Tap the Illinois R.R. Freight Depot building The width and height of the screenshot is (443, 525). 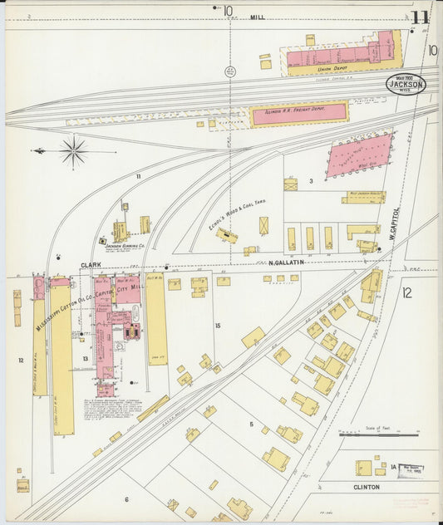(x=299, y=113)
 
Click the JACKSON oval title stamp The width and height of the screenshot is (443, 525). (x=405, y=84)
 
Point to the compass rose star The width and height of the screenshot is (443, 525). (x=73, y=152)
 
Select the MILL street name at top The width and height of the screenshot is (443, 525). (x=258, y=16)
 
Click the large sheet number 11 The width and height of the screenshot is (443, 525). (x=419, y=17)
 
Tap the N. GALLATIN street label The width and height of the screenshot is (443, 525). (x=287, y=263)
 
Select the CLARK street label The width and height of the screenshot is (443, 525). (x=91, y=264)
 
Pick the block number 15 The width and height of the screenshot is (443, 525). (x=218, y=325)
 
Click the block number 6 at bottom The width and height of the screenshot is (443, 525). (x=126, y=499)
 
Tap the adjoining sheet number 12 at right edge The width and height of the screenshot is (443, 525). (x=406, y=292)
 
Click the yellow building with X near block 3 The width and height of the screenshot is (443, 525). (x=263, y=225)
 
